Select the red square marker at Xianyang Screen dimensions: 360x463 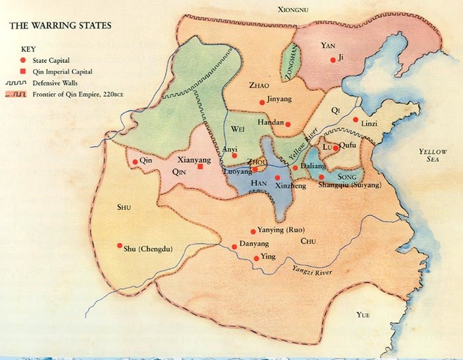click(x=200, y=167)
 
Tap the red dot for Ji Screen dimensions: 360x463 click(x=332, y=59)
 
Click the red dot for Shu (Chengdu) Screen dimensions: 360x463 click(x=119, y=245)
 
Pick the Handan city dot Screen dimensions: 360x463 click(x=287, y=124)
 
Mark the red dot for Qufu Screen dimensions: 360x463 click(x=337, y=148)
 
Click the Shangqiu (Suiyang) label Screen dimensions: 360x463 click(x=350, y=184)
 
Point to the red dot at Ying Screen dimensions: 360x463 click(x=257, y=258)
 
